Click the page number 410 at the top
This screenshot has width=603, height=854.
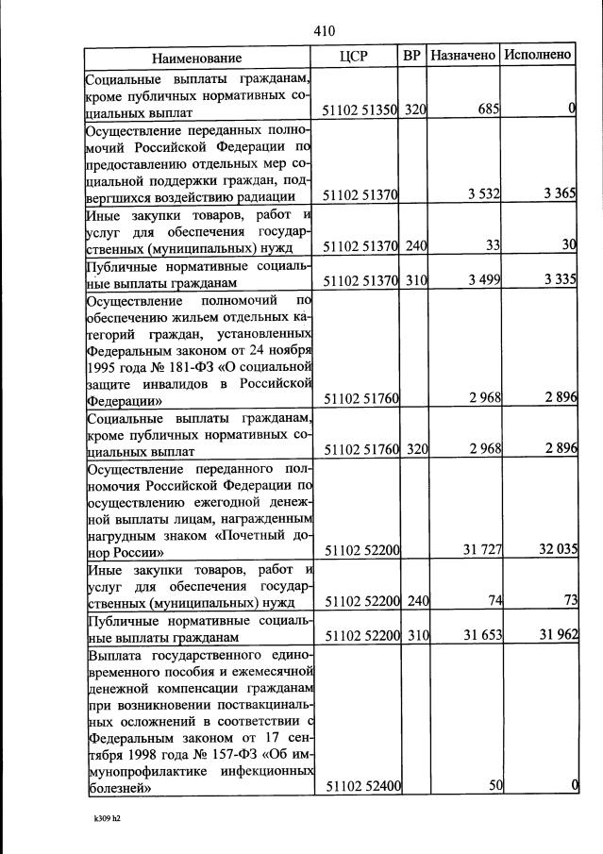pyautogui.click(x=324, y=31)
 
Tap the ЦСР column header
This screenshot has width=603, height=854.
pyautogui.click(x=353, y=56)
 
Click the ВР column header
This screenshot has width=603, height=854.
pyautogui.click(x=411, y=56)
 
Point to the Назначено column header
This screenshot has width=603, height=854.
pyautogui.click(x=462, y=56)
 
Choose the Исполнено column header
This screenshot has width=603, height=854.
pyautogui.click(x=537, y=56)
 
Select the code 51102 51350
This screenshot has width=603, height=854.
pyautogui.click(x=360, y=110)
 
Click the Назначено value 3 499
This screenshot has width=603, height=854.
pyautogui.click(x=483, y=281)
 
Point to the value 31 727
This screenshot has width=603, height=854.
pyautogui.click(x=480, y=551)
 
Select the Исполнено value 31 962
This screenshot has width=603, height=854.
pyautogui.click(x=557, y=637)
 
